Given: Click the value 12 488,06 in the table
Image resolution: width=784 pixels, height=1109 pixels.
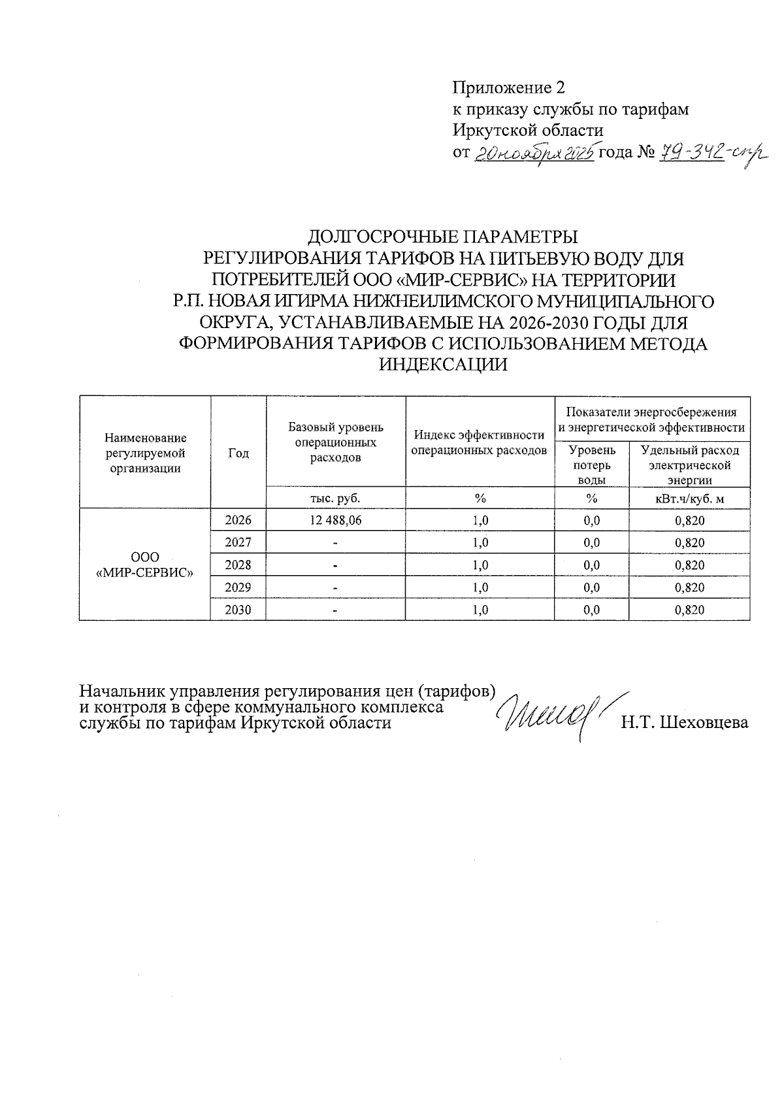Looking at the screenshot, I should pos(335,520).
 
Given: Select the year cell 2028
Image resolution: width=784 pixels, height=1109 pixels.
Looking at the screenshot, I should pos(238,565).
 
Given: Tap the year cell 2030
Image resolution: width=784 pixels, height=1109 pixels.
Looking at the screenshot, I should pos(238,610).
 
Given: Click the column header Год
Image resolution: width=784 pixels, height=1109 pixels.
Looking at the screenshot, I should pos(238,453).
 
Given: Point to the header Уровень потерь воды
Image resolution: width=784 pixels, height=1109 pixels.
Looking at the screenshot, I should pos(592,465).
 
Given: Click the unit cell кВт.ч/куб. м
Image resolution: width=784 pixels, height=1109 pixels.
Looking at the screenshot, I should pos(689,499).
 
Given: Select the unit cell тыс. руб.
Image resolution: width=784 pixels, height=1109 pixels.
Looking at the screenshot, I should pos(335,498).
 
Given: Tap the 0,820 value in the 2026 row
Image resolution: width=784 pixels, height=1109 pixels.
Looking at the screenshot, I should pos(689,521).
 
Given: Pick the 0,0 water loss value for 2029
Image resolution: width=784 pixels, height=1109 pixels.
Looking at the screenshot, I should pos(592,588).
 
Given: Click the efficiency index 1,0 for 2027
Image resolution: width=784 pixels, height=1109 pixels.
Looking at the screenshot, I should pos(480,542).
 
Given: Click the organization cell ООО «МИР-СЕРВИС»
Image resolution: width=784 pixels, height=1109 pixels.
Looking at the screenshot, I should pos(145,565).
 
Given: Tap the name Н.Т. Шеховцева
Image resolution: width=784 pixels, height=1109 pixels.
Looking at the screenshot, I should pos(684,723).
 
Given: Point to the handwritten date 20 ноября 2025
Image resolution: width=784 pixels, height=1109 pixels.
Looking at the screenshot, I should pos(533,154).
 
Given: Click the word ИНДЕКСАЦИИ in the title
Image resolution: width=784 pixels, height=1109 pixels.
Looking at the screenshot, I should pos(443,365).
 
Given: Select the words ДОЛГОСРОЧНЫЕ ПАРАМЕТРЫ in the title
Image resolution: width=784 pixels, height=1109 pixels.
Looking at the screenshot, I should pos(443,236).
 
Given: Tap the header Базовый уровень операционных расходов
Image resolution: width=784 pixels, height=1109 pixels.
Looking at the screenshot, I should pos(335,442).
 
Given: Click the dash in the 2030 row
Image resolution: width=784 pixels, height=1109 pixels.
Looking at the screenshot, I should pos(335,610).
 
